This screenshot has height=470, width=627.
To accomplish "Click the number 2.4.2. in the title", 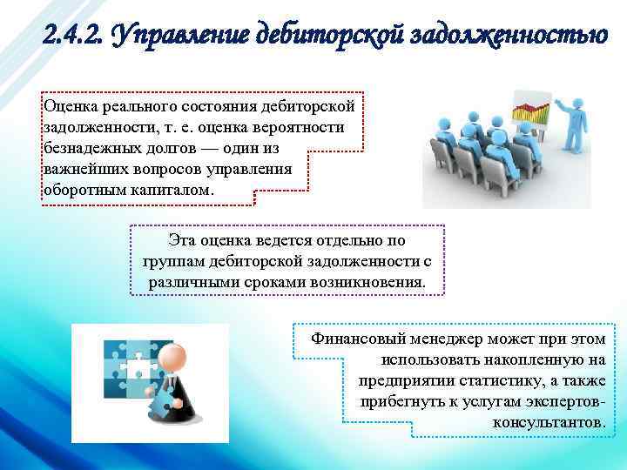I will tap(72, 36).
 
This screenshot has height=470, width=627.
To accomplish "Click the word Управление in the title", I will tap(175, 36).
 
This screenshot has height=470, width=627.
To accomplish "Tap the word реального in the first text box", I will tap(134, 106).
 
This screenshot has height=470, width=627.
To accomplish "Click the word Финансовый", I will tap(357, 339).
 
